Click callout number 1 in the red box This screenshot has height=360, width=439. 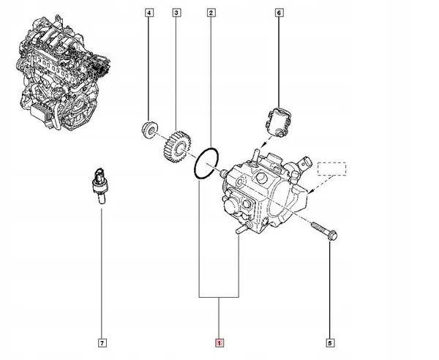pos(218,342)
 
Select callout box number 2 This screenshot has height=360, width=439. pos(211,13)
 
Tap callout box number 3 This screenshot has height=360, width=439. pos(176,13)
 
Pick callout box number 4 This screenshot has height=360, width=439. pos(149,13)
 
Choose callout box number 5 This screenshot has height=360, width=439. pos(330,342)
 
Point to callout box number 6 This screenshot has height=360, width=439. pos(279,13)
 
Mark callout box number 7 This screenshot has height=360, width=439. pos(102,342)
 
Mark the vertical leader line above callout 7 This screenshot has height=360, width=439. pos(102,271)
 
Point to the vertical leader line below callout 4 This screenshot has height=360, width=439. pos(149,70)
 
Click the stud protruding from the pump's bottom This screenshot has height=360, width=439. pos(239,230)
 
